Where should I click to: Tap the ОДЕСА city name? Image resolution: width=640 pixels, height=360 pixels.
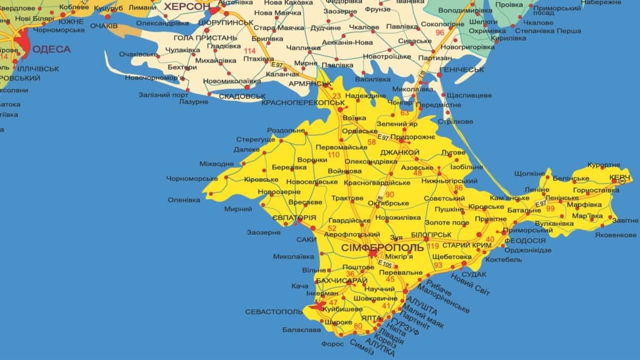coord(51,50)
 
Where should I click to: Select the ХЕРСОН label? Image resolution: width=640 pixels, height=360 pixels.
coord(186,7)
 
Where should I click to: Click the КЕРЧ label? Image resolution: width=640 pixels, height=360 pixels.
coord(620,177)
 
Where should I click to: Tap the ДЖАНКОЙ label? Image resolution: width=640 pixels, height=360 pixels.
coord(400,153)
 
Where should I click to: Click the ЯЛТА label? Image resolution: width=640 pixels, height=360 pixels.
coord(371,318)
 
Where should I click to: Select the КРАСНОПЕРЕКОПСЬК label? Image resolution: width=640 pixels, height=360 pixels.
coord(304,101)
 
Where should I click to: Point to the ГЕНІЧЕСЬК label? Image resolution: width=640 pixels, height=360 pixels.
coord(462,70)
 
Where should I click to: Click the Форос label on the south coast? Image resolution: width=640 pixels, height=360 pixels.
coord(332,344)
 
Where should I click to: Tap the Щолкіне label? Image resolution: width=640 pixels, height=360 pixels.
coord(530,174)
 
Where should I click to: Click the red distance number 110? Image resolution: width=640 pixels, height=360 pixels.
coord(334,155)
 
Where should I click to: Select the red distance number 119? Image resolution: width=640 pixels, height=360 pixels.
coord(433,246)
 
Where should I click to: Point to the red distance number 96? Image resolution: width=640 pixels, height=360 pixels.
coord(439,33)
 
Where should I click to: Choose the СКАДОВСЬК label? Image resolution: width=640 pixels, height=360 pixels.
coord(242,97)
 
